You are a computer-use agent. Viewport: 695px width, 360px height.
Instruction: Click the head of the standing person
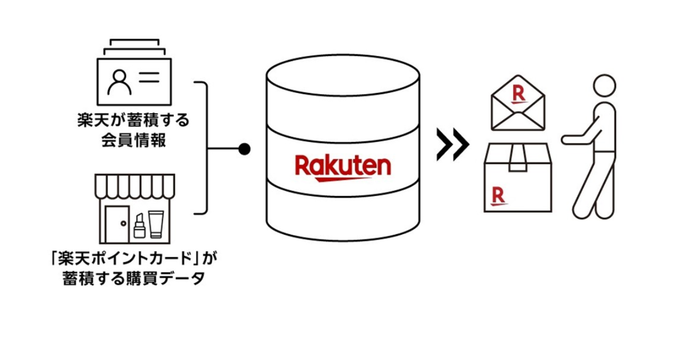[605, 88]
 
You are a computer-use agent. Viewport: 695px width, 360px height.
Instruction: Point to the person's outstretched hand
[567, 139]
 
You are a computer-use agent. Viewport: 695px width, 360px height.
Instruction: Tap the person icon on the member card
[119, 81]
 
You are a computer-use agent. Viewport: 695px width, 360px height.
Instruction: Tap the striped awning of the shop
[134, 186]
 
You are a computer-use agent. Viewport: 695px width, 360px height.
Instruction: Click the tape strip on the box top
[518, 158]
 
